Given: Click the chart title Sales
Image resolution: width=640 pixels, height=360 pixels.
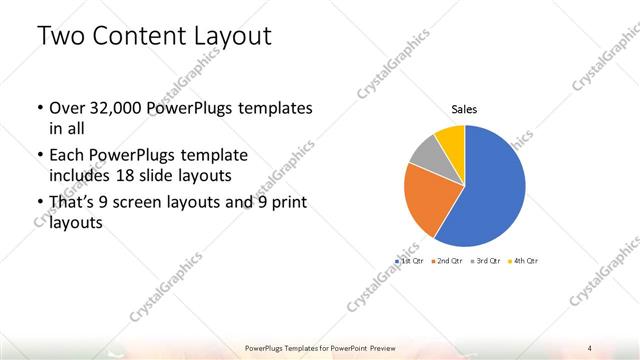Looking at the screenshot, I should coord(464,109).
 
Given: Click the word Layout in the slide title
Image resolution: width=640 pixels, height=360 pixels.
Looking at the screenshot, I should coord(231,37).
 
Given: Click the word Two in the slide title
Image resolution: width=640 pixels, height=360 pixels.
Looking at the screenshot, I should coord(63,37).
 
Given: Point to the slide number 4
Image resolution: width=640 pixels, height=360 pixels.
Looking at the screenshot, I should coord(590,347).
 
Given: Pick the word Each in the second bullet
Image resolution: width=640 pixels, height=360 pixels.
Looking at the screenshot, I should coord(66,156).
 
